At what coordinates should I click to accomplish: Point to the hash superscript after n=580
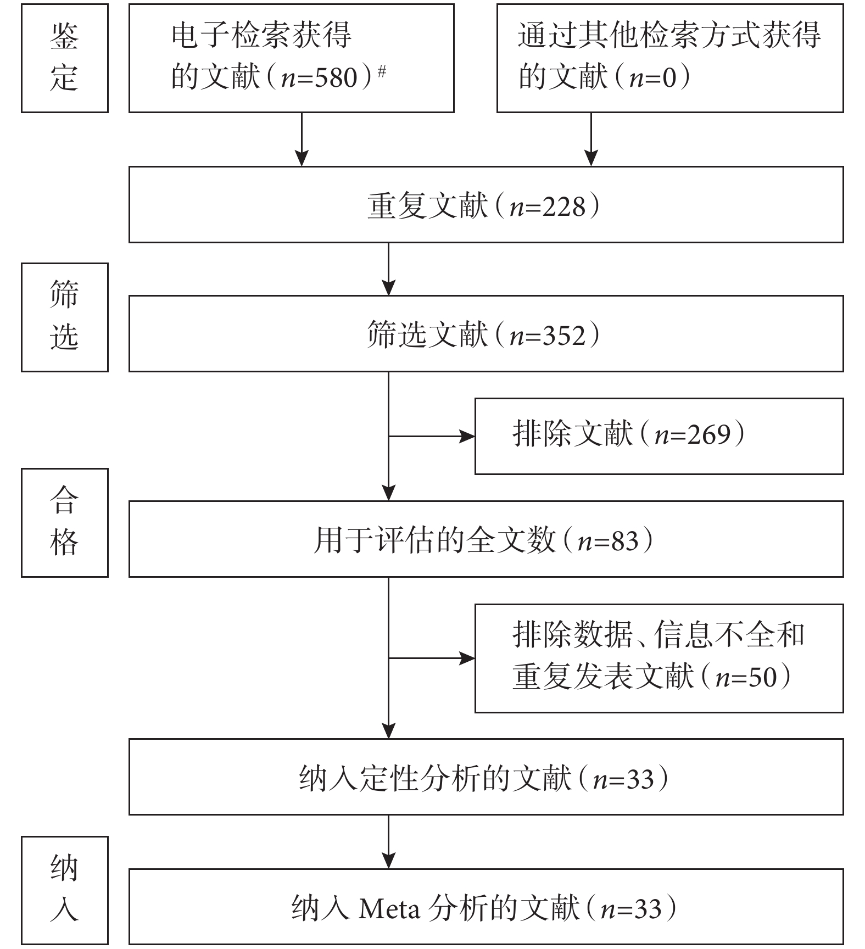[x=382, y=71]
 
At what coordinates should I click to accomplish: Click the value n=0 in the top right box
[x=653, y=77]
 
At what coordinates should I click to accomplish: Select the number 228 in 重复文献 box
[x=564, y=207]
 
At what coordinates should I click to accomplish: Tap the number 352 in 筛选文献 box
[x=564, y=336]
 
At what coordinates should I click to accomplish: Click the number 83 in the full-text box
[x=625, y=542]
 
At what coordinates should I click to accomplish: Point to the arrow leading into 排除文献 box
[x=432, y=437]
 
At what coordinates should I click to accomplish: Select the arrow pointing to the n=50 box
[x=432, y=658]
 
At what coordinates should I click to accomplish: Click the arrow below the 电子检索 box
[x=302, y=139]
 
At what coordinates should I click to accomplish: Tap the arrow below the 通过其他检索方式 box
[x=591, y=139]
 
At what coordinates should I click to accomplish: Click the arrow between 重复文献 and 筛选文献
[x=388, y=269]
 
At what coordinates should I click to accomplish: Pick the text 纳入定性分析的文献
[x=435, y=779]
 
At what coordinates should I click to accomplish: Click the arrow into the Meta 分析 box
[x=388, y=841]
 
